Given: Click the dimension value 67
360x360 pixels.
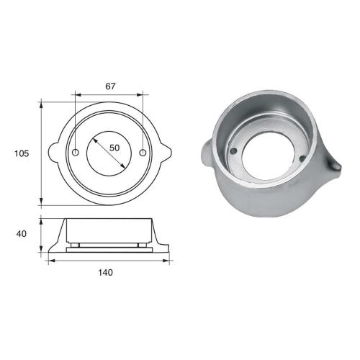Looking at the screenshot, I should pyautogui.click(x=110, y=86).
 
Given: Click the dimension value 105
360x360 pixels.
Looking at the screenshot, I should pyautogui.click(x=22, y=153).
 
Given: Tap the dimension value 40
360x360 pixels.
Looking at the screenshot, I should pyautogui.click(x=22, y=234).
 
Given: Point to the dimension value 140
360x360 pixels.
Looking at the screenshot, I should pyautogui.click(x=110, y=272).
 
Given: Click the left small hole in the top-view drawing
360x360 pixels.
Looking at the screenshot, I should pyautogui.click(x=76, y=153).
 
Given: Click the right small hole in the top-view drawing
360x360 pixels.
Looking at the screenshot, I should pyautogui.click(x=143, y=153).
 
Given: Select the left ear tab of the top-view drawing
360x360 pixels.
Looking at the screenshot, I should pyautogui.click(x=53, y=153).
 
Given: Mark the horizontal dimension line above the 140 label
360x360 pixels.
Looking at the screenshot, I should pyautogui.click(x=110, y=261).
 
